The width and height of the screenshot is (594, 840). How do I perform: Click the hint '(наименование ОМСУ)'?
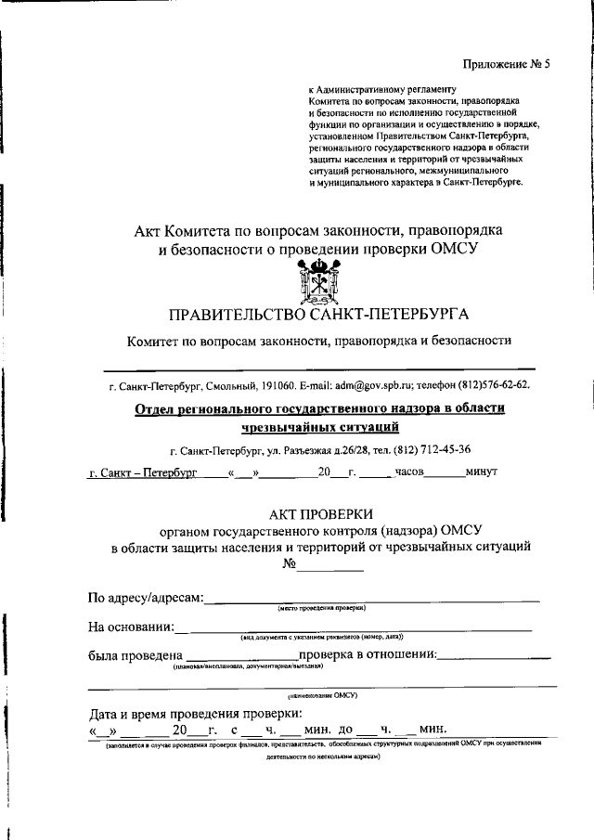tap(321, 694)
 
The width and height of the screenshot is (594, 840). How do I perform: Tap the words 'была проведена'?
tap(136, 655)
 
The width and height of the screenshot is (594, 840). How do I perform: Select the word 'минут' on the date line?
tap(482, 472)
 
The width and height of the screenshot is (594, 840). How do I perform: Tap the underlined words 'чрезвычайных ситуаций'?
tap(320, 427)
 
